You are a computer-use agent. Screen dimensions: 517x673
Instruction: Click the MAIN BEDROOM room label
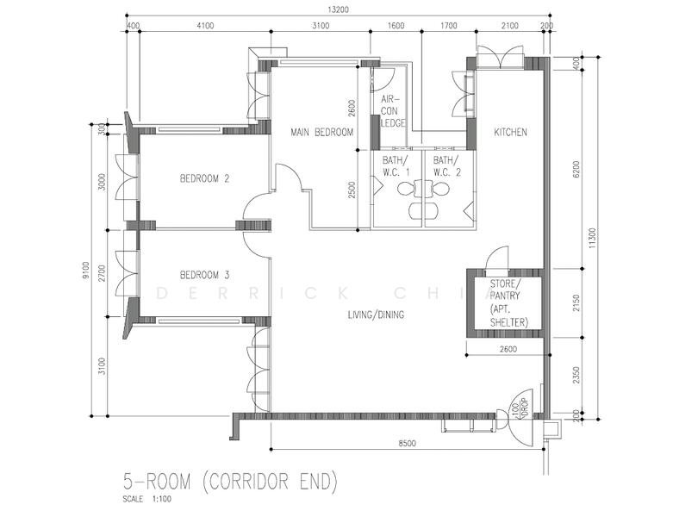tap(322, 132)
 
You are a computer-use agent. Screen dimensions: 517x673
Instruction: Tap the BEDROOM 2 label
tap(204, 179)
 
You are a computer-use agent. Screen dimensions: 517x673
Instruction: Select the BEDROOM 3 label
tap(204, 275)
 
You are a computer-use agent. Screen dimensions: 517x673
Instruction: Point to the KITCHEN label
tap(510, 132)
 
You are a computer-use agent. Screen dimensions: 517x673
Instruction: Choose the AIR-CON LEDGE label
tap(392, 111)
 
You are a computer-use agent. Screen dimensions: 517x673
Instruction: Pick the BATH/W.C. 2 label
tap(446, 165)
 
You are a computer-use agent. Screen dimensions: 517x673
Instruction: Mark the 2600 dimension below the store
tap(507, 349)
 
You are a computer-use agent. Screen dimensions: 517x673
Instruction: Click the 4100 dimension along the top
tap(205, 26)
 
